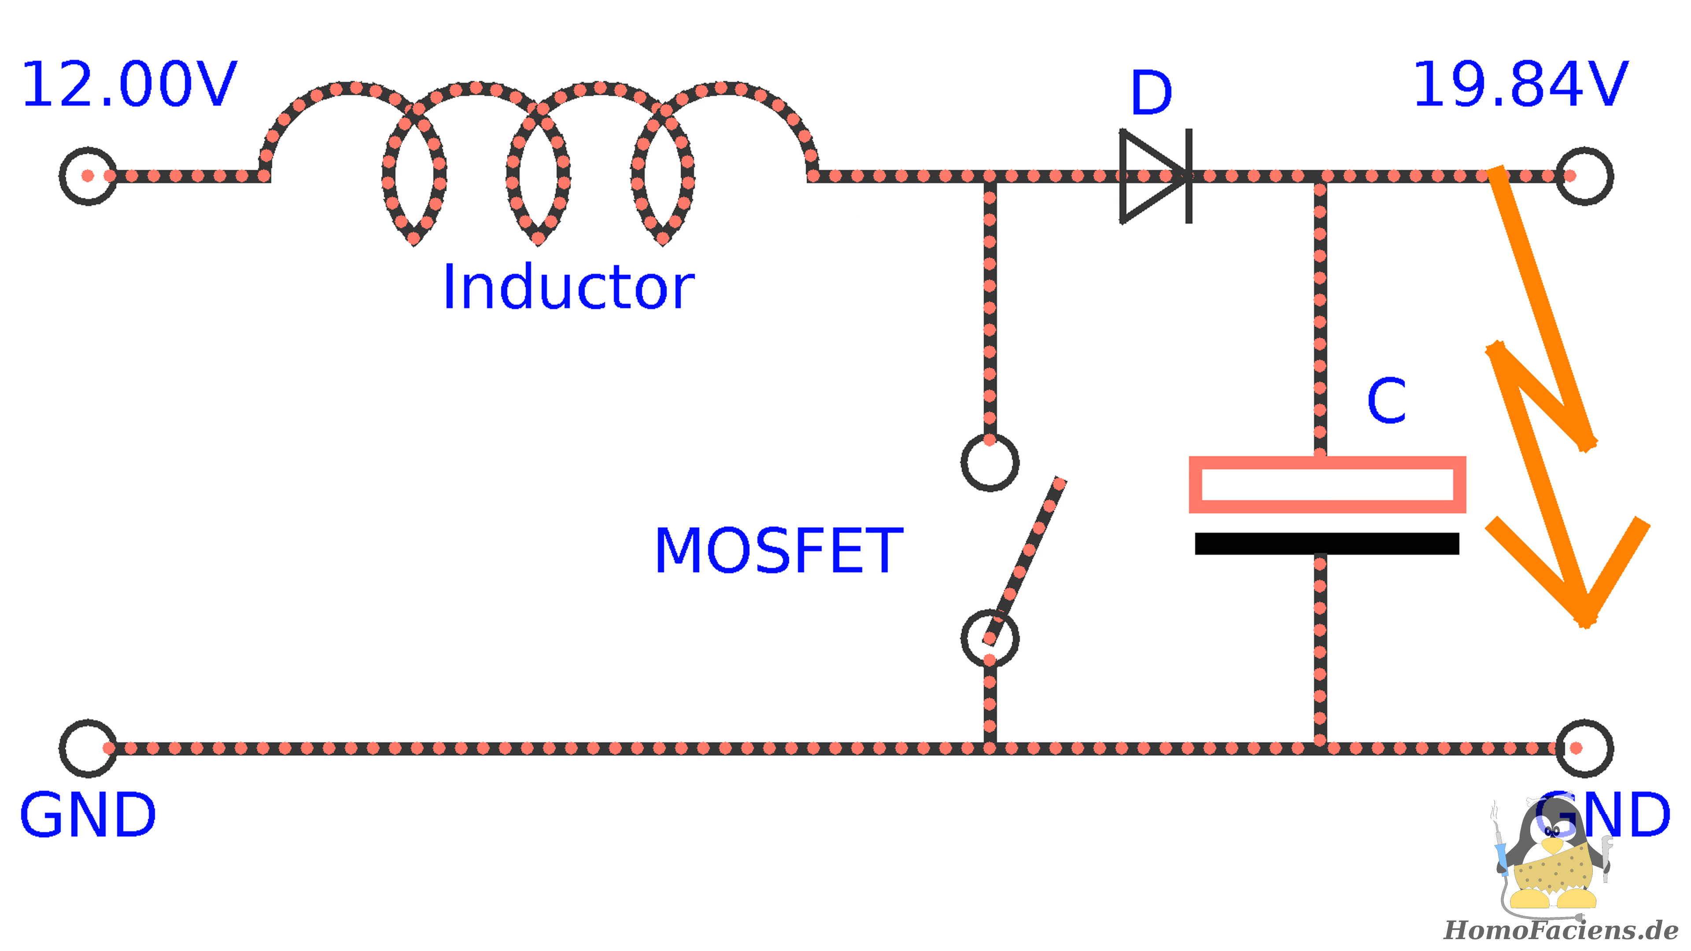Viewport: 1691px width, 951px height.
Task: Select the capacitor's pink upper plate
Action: tap(1327, 484)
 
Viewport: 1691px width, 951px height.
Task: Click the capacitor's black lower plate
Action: tap(1327, 543)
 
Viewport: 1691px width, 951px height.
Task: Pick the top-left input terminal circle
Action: tap(88, 176)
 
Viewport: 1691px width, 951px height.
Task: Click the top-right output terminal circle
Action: tap(1584, 176)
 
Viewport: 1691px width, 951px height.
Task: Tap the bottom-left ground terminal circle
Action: tap(88, 748)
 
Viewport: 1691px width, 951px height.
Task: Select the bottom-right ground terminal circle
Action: tap(1584, 748)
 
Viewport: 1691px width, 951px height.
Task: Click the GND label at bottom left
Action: tap(88, 815)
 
